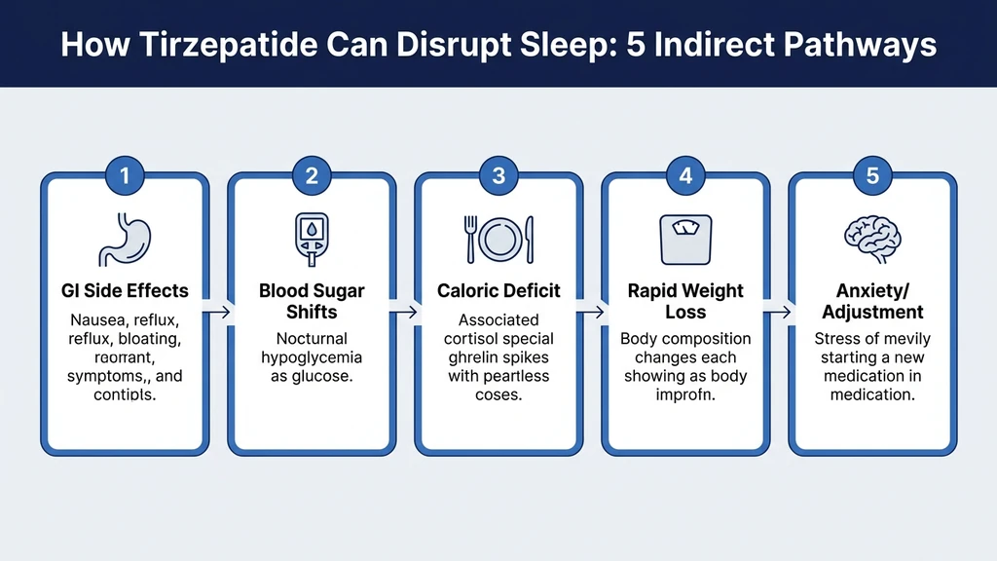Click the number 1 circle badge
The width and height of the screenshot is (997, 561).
pyautogui.click(x=125, y=176)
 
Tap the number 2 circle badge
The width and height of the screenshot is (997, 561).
pyautogui.click(x=312, y=176)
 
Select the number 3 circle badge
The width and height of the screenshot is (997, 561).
pyautogui.click(x=498, y=176)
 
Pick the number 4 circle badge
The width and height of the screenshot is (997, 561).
pyautogui.click(x=685, y=176)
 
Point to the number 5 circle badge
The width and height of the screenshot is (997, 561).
pyautogui.click(x=872, y=176)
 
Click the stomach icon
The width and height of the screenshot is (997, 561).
pyautogui.click(x=124, y=239)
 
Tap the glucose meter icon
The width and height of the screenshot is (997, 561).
pyautogui.click(x=311, y=239)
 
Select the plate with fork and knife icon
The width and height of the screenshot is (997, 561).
pyautogui.click(x=498, y=239)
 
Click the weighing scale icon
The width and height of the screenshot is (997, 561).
pyautogui.click(x=685, y=239)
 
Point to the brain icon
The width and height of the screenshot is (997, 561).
pyautogui.click(x=872, y=239)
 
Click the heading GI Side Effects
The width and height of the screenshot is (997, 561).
pyautogui.click(x=125, y=290)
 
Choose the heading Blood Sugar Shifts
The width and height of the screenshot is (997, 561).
pyautogui.click(x=312, y=301)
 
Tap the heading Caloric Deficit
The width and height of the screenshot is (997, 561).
pyautogui.click(x=498, y=290)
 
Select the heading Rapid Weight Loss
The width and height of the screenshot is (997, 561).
pyautogui.click(x=685, y=301)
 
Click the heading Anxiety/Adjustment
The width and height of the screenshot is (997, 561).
pyautogui.click(x=872, y=301)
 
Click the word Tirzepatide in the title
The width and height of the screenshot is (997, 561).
pyautogui.click(x=228, y=46)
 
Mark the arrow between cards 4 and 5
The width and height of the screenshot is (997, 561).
pyautogui.click(x=779, y=313)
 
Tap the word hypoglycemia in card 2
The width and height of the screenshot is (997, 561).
pyautogui.click(x=312, y=356)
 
